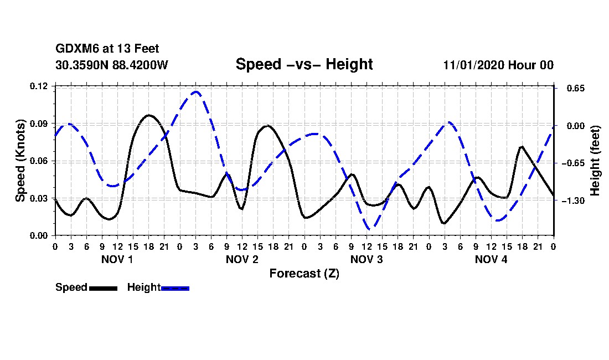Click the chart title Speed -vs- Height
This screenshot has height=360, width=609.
click(x=304, y=64)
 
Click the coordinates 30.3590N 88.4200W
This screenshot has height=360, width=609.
click(x=111, y=65)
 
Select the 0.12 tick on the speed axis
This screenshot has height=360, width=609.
click(x=40, y=86)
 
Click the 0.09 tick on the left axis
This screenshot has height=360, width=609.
click(x=40, y=124)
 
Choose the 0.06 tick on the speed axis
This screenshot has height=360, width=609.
click(x=40, y=161)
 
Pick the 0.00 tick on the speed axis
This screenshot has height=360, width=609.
click(x=40, y=236)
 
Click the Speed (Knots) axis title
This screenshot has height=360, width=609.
click(x=20, y=161)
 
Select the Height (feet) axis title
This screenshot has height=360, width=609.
click(x=596, y=161)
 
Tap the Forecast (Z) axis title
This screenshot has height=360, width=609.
click(x=304, y=273)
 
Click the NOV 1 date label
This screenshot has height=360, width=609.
click(x=117, y=259)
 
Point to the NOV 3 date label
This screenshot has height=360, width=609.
click(x=367, y=259)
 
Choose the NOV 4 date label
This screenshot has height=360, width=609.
click(x=491, y=259)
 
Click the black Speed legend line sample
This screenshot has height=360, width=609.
click(x=103, y=288)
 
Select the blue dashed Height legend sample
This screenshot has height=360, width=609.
click(x=175, y=288)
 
